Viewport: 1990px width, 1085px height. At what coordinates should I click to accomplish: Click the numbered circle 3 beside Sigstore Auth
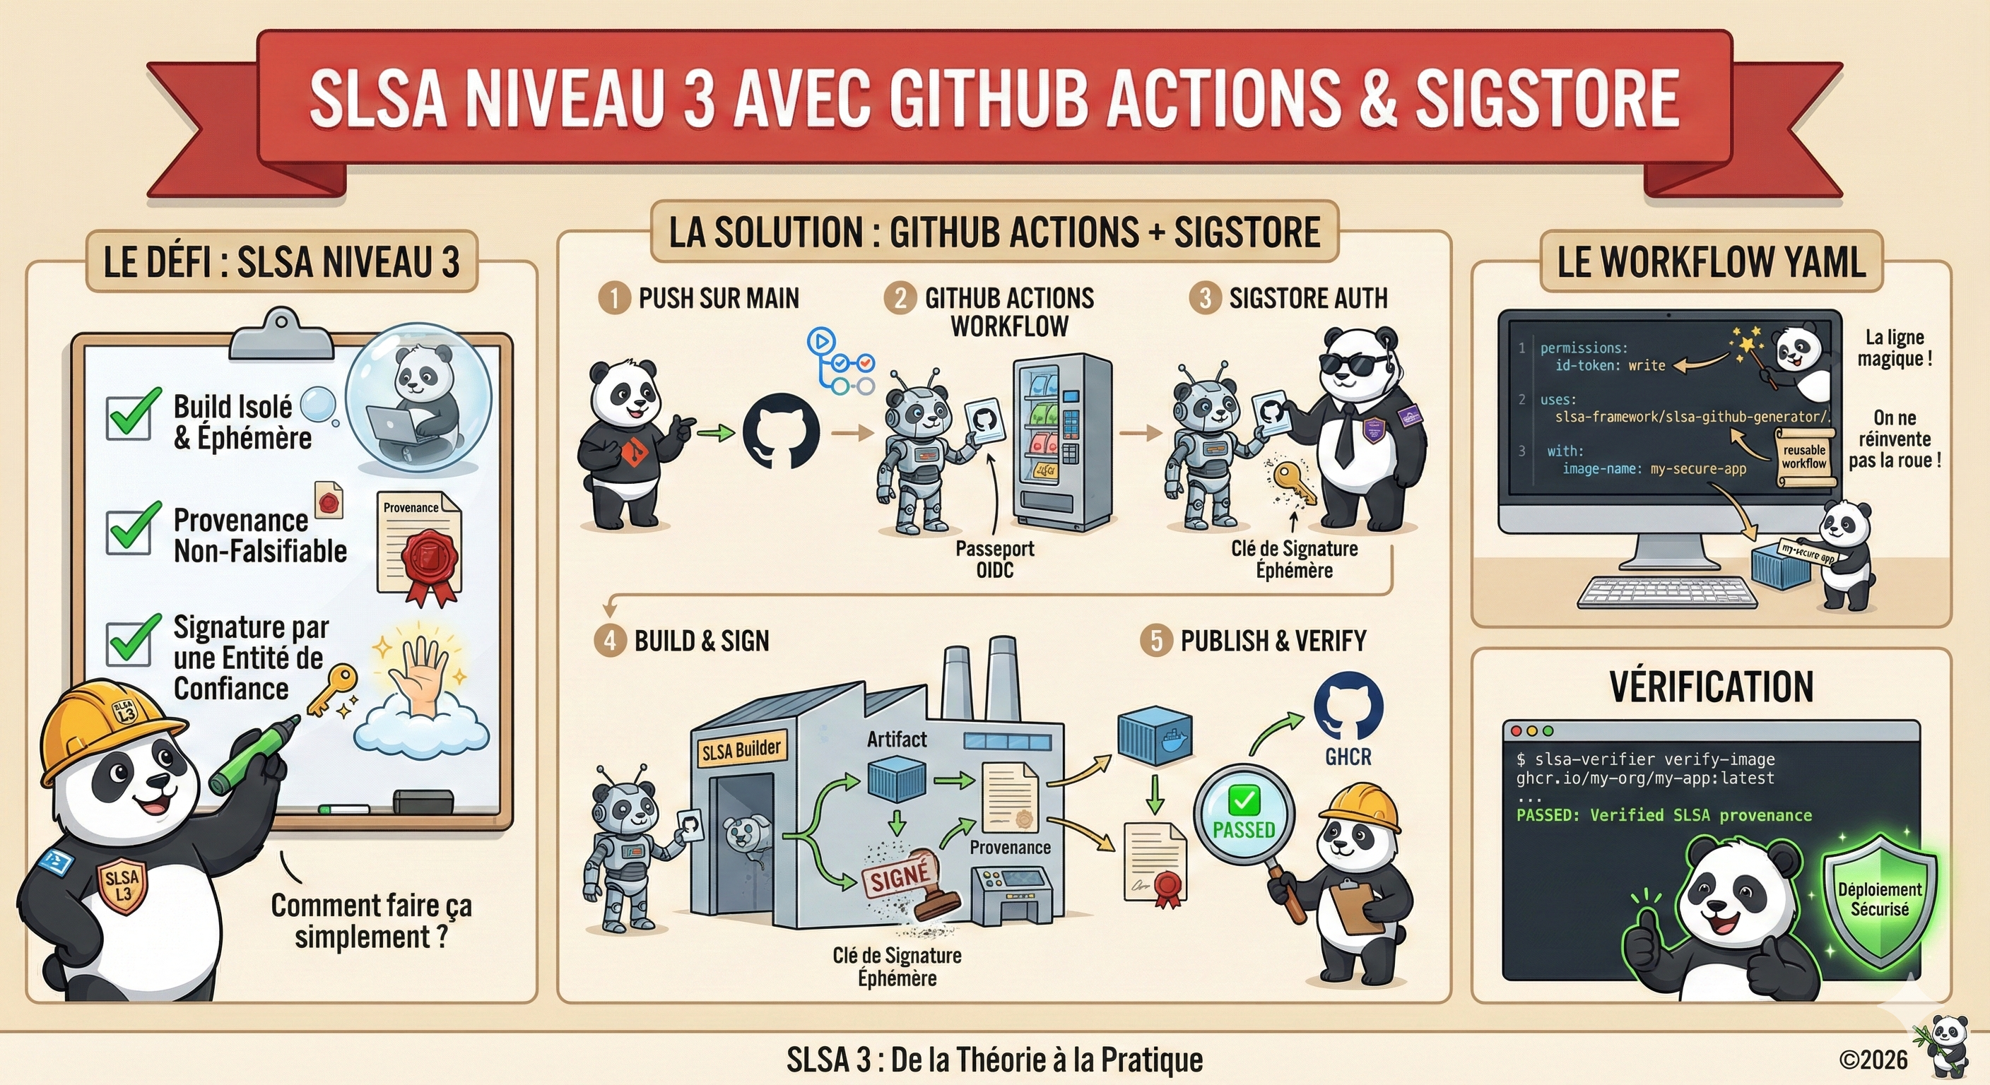1204,298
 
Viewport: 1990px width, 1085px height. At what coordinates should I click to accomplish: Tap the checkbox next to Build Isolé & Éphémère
128,417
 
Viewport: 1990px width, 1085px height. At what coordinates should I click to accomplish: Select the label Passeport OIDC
994,559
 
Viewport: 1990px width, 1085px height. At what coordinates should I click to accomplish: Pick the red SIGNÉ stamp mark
900,877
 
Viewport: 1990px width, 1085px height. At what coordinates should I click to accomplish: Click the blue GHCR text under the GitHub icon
1348,757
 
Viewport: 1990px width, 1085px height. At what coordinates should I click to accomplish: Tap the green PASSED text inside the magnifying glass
1244,830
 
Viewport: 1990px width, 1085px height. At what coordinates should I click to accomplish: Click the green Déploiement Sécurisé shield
1879,900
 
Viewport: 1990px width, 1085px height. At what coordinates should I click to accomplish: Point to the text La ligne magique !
1894,348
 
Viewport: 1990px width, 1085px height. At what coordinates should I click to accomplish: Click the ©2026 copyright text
1873,1060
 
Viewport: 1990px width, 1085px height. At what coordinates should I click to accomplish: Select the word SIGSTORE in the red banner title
1547,98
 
